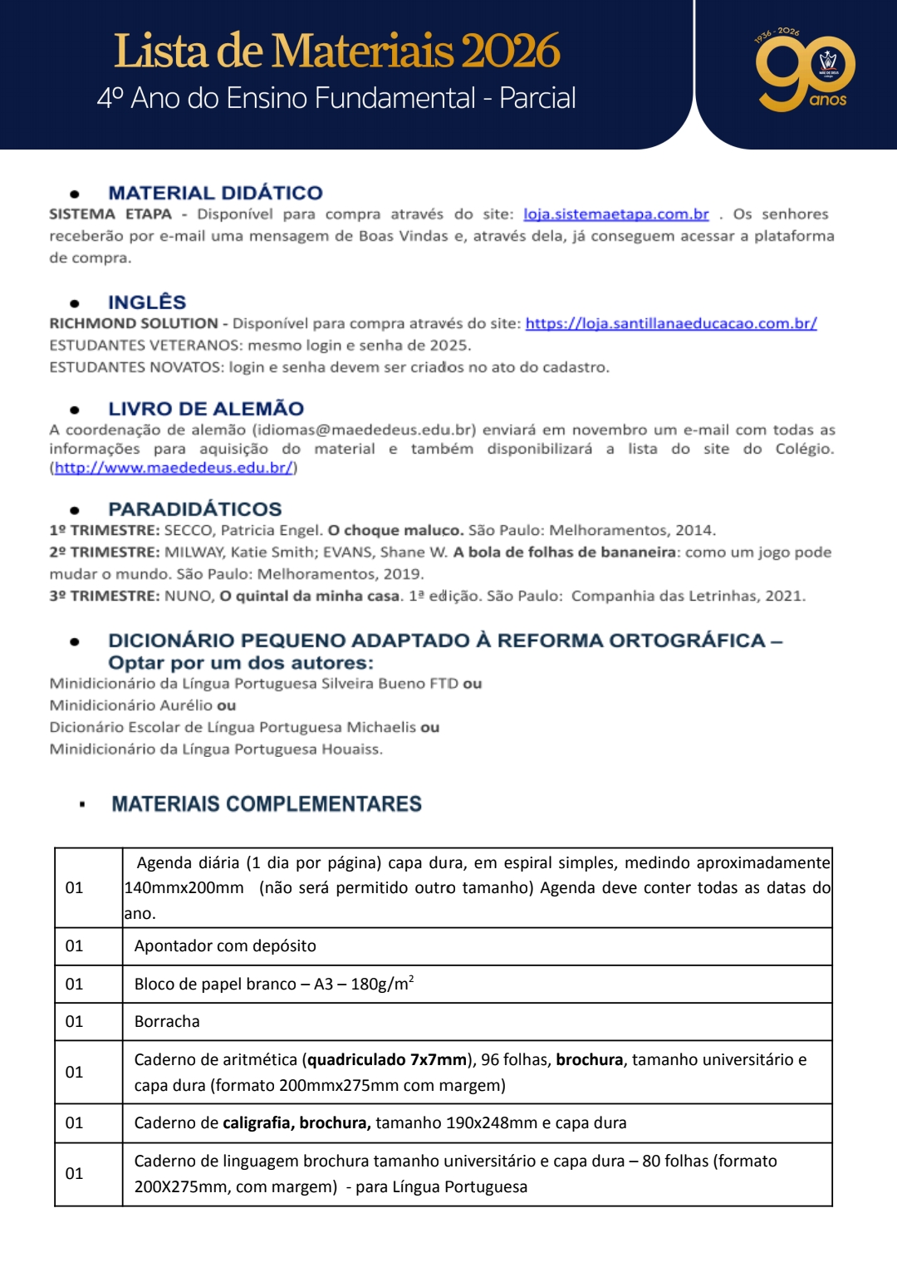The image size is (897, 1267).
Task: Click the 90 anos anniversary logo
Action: click(x=804, y=74)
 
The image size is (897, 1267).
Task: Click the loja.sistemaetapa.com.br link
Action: click(x=615, y=214)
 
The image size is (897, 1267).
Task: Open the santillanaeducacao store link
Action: click(x=670, y=323)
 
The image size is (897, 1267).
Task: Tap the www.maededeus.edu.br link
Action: click(x=174, y=468)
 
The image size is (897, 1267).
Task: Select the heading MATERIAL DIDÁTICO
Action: click(x=215, y=193)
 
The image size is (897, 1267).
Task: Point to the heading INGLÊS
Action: click(x=147, y=302)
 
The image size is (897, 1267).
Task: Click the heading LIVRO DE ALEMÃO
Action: click(x=206, y=409)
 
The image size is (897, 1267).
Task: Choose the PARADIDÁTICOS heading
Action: click(x=195, y=509)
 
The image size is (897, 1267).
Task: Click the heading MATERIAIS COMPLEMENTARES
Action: click(x=267, y=804)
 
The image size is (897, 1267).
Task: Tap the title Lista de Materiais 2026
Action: click(x=336, y=51)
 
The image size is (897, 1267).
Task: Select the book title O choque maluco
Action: click(x=395, y=530)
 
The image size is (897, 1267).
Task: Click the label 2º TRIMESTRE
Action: click(x=104, y=552)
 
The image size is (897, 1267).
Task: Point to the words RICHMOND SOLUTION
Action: click(x=134, y=323)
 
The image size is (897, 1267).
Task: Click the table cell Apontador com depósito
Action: click(x=225, y=946)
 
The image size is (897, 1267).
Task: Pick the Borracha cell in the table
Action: click(x=167, y=1022)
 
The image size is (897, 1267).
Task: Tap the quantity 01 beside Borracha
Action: click(x=75, y=1022)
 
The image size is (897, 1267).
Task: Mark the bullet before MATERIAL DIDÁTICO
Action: click(x=75, y=194)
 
